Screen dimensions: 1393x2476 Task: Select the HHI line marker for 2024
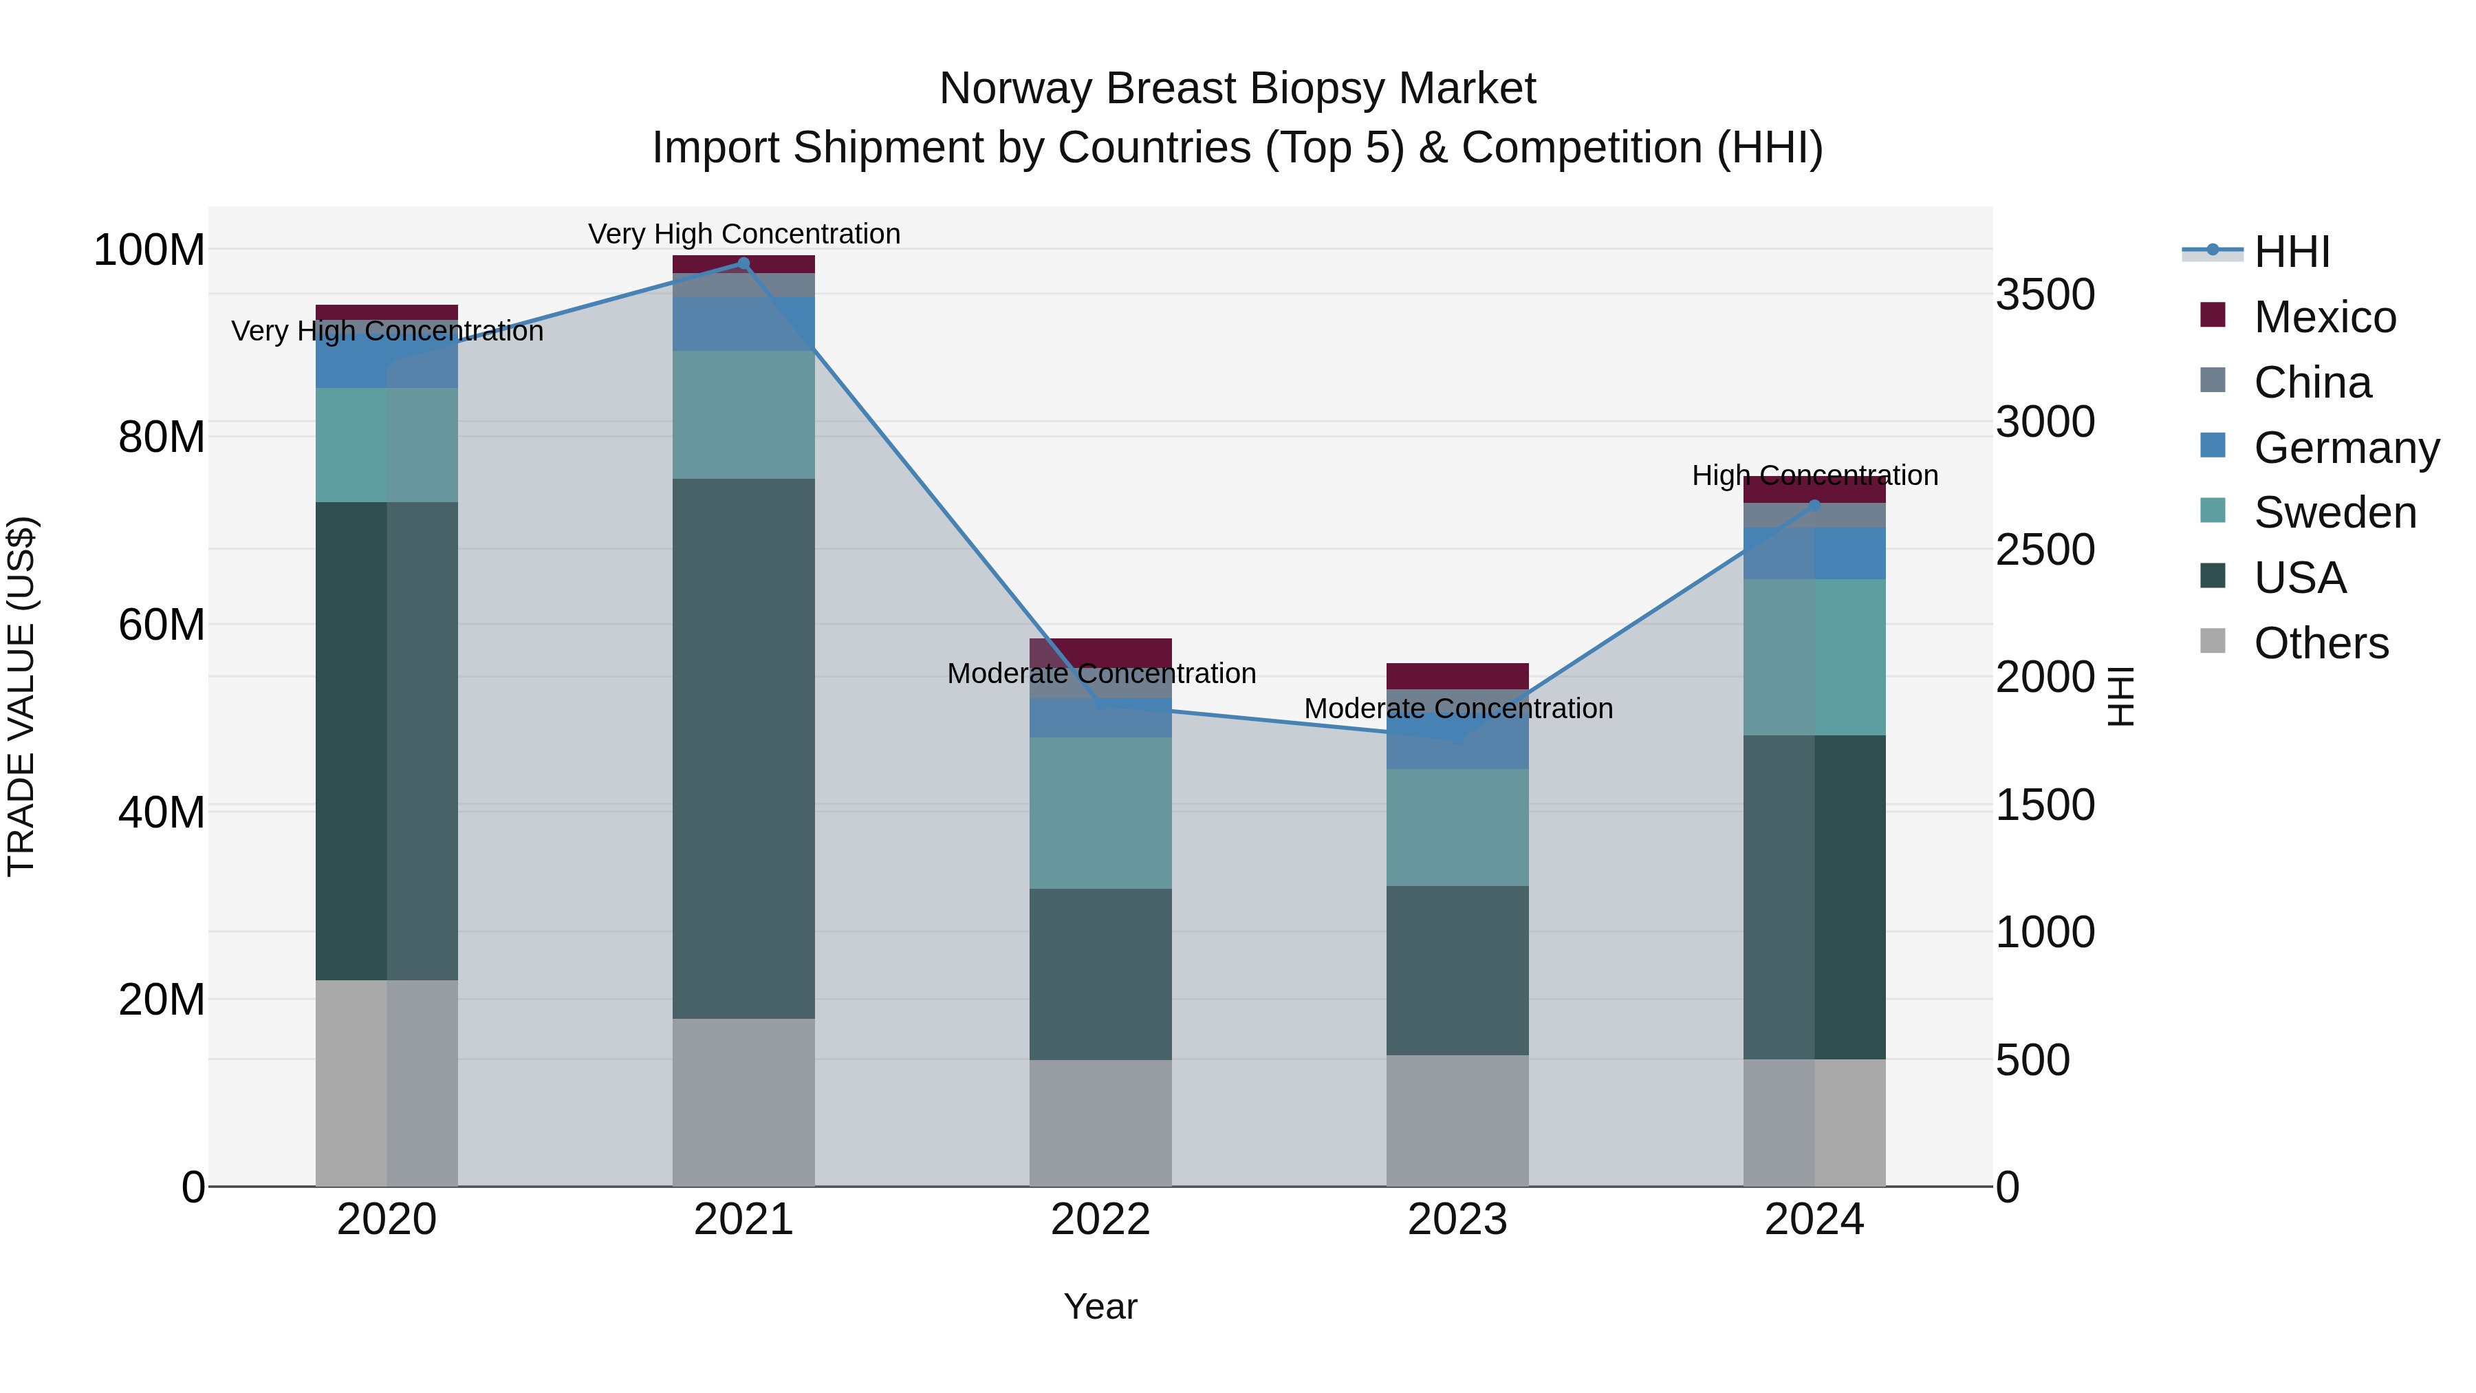[x=1815, y=505]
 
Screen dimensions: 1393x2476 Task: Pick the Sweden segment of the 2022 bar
[x=1100, y=812]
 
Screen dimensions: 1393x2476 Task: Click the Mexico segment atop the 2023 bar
[x=1457, y=676]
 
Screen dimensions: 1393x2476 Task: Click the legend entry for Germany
[x=2345, y=448]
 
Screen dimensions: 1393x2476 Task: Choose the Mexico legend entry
[x=2324, y=317]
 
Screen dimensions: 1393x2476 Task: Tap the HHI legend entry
[x=2292, y=252]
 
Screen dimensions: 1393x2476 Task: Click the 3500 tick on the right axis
[x=2045, y=294]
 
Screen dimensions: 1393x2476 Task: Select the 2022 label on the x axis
[x=1100, y=1220]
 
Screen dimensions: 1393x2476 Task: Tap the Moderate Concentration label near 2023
[x=1457, y=709]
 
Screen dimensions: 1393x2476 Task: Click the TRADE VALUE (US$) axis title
[x=21, y=696]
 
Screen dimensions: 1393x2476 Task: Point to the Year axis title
[x=1100, y=1306]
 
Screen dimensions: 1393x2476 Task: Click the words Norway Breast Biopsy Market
[x=1237, y=89]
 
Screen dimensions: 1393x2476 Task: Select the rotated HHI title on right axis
[x=2120, y=696]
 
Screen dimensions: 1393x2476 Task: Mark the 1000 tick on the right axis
[x=2045, y=933]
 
